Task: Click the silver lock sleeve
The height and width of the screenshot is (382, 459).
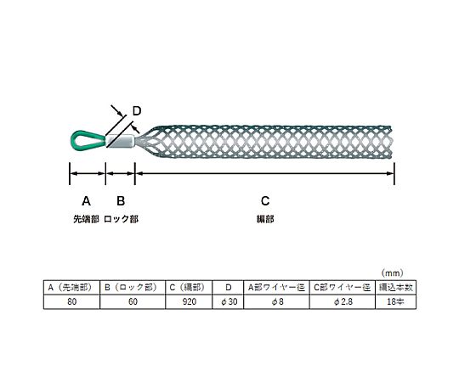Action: (121, 140)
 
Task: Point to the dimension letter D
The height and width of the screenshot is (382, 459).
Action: (137, 111)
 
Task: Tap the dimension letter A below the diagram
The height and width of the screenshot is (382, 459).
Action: (86, 201)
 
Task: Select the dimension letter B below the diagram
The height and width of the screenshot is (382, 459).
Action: (121, 201)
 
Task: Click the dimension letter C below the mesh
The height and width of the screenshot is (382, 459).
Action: (265, 201)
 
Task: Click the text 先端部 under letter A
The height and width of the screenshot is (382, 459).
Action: (86, 219)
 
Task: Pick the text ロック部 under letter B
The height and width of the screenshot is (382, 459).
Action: (121, 219)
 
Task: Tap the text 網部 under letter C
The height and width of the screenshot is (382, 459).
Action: (265, 219)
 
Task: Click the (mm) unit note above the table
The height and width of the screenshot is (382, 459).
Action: (392, 273)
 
